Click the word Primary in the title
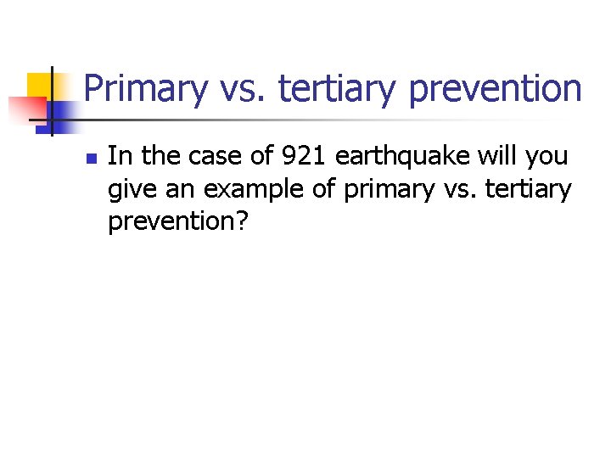click(x=145, y=89)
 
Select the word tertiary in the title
click(x=334, y=89)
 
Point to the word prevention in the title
click(x=493, y=89)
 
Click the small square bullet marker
click(x=92, y=159)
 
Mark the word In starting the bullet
click(x=120, y=156)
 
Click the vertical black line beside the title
click(x=52, y=102)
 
